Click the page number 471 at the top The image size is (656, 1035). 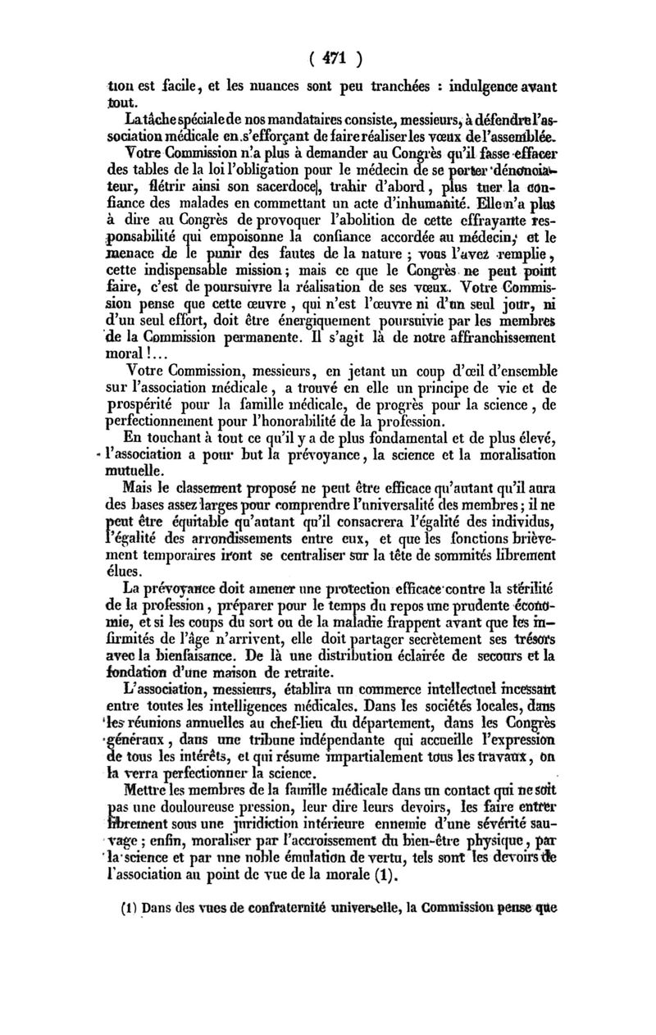coord(328,59)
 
